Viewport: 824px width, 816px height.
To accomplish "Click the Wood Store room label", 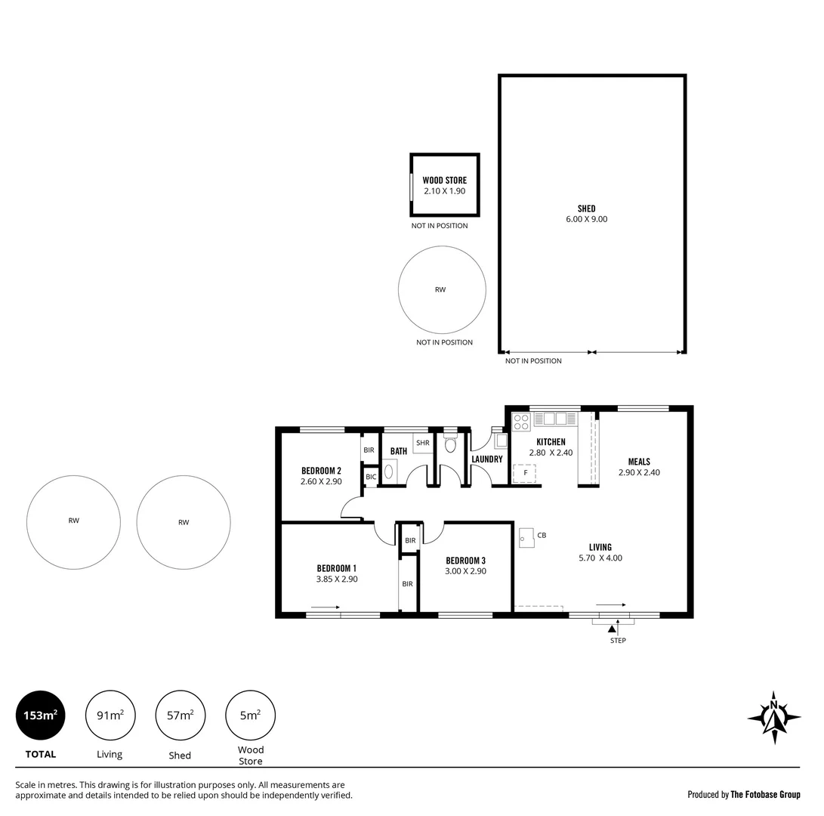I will (444, 181).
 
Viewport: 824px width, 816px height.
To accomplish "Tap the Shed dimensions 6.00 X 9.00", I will (586, 219).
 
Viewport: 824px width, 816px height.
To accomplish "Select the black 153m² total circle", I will (40, 715).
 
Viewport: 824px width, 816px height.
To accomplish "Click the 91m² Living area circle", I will (110, 715).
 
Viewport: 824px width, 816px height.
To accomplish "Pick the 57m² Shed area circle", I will (180, 715).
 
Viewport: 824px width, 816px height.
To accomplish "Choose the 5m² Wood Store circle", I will (250, 715).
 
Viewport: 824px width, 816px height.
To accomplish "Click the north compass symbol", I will (773, 713).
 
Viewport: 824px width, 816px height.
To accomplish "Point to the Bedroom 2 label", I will (321, 470).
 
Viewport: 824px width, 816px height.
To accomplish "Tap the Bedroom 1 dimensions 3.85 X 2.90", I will (336, 580).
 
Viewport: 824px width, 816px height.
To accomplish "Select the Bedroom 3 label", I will (465, 561).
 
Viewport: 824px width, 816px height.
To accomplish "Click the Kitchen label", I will (551, 442).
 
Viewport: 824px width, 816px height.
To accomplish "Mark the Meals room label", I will (639, 462).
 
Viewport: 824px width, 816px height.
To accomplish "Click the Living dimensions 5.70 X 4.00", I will (600, 558).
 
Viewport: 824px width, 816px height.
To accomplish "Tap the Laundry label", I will (487, 459).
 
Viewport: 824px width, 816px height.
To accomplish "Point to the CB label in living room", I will (542, 536).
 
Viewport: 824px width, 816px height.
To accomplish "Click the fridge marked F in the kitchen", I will (525, 473).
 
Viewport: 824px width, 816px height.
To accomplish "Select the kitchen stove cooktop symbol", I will (521, 422).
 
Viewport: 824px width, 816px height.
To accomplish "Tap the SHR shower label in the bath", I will (422, 443).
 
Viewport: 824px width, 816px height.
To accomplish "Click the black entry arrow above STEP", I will (612, 628).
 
